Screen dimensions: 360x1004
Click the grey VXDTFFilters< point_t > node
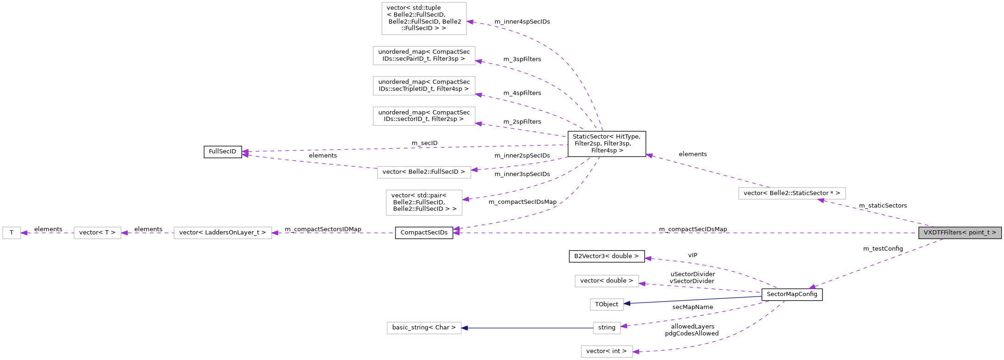point(960,233)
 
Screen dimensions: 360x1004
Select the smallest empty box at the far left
point(12,233)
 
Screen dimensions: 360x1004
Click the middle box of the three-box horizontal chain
point(97,233)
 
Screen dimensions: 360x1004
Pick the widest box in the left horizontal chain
point(223,233)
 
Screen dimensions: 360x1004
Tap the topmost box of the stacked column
point(424,19)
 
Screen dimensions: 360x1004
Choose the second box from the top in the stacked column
point(424,56)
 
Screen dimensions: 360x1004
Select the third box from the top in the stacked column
point(424,86)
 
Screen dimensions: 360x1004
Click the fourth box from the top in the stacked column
point(424,116)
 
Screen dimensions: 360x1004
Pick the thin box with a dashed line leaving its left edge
point(424,172)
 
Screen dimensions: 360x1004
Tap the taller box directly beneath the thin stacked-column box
point(424,202)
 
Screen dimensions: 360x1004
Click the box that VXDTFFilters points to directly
point(792,193)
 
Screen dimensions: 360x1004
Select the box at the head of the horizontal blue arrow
point(424,328)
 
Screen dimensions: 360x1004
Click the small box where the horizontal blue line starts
point(607,328)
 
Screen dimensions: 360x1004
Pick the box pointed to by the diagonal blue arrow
point(607,304)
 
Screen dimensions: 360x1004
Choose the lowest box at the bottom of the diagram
point(607,351)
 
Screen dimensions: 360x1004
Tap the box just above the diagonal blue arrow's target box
point(607,281)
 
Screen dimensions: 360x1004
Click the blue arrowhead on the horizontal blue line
point(464,328)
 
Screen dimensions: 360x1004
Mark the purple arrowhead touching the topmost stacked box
point(470,22)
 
